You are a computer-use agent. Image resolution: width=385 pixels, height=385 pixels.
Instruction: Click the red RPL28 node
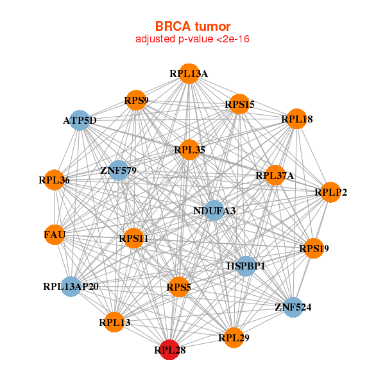[x=169, y=350]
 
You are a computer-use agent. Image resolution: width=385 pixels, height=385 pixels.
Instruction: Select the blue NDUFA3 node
[x=214, y=210]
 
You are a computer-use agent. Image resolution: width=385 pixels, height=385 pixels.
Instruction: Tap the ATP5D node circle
[x=80, y=121]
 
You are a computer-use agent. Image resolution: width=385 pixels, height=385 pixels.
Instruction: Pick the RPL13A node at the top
[x=189, y=73]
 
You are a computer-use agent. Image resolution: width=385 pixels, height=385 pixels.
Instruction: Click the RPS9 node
[x=136, y=100]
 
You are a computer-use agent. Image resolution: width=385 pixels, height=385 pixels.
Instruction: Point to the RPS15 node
[x=239, y=104]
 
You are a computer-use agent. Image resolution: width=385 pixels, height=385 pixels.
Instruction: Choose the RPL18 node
[x=296, y=119]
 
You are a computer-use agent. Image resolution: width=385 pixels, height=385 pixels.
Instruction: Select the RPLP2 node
[x=330, y=192]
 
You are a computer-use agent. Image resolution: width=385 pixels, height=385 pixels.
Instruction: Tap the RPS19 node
[x=313, y=248]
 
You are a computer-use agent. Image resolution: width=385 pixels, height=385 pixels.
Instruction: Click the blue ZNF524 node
[x=293, y=307]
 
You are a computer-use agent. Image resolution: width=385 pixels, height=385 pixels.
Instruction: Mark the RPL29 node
[x=234, y=337]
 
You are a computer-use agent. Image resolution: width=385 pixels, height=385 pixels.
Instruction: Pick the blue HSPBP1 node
[x=246, y=266]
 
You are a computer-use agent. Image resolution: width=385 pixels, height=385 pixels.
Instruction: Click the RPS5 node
[x=179, y=287]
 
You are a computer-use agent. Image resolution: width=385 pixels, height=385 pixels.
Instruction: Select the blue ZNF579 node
[x=119, y=171]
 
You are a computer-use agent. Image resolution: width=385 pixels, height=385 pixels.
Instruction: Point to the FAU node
[x=55, y=235]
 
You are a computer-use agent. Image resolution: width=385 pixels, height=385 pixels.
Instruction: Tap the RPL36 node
[x=54, y=180]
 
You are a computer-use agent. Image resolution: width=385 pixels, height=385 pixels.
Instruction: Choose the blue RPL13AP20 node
[x=71, y=286]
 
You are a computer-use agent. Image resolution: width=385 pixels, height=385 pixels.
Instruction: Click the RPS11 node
[x=133, y=239]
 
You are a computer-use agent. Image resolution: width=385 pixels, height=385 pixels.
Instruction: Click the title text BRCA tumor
[x=193, y=26]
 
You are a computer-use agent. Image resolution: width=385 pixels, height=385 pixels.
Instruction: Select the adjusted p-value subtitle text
[x=193, y=39]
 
